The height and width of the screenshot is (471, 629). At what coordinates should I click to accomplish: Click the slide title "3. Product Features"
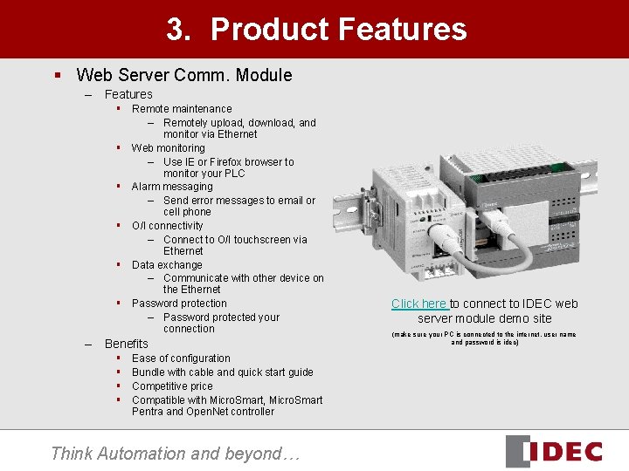(316, 30)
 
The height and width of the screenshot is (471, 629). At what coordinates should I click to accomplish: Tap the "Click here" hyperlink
(418, 304)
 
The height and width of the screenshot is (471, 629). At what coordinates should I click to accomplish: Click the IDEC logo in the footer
(554, 451)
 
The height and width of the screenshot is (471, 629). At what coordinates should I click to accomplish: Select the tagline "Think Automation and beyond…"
(175, 453)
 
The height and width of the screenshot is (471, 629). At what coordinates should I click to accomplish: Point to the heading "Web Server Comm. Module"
(183, 75)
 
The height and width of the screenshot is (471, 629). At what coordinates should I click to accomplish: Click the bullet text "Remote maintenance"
(182, 109)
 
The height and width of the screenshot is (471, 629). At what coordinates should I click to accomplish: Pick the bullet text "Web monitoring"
(169, 148)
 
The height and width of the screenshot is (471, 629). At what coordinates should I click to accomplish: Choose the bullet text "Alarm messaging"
(172, 187)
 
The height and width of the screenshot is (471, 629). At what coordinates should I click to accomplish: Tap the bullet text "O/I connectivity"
(168, 226)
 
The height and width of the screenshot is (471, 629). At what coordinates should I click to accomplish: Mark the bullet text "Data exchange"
(167, 265)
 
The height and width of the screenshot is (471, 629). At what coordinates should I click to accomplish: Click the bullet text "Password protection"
(179, 304)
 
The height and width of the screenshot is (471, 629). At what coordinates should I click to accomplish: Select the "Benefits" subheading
(127, 344)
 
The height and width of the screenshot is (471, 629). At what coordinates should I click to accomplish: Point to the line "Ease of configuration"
(181, 358)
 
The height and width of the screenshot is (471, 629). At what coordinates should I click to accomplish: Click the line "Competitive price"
(172, 386)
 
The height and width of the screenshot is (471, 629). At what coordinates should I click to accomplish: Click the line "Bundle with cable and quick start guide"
(222, 372)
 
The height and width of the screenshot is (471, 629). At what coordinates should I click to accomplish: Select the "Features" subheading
(128, 94)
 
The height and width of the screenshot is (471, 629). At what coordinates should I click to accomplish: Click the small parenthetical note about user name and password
(484, 338)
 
